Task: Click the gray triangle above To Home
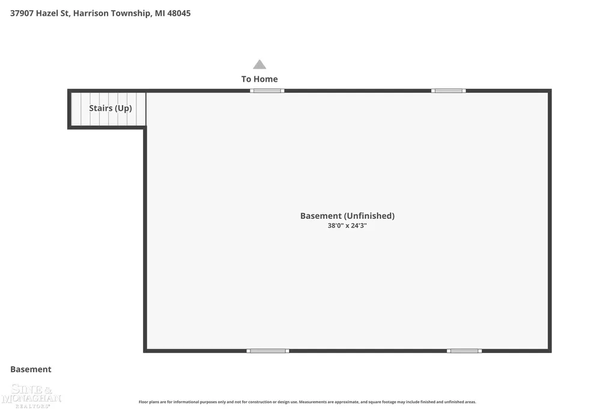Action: point(259,64)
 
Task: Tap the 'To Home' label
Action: point(259,79)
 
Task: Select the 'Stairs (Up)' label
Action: point(111,108)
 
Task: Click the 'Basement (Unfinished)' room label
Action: point(347,216)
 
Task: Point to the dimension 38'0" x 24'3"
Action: point(347,225)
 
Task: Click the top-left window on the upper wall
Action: point(267,91)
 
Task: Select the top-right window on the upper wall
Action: point(448,91)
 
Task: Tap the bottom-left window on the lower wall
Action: point(268,350)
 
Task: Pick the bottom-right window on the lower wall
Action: point(464,350)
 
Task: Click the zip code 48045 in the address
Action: point(179,13)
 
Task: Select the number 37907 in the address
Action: point(22,13)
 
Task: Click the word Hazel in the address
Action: point(47,13)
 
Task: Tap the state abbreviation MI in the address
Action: point(160,13)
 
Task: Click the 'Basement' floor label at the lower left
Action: point(31,369)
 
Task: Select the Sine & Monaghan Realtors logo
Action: point(31,396)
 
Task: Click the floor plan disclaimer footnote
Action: point(307,402)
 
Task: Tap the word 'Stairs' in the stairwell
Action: point(101,108)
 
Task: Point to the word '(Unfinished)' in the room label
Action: point(369,216)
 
